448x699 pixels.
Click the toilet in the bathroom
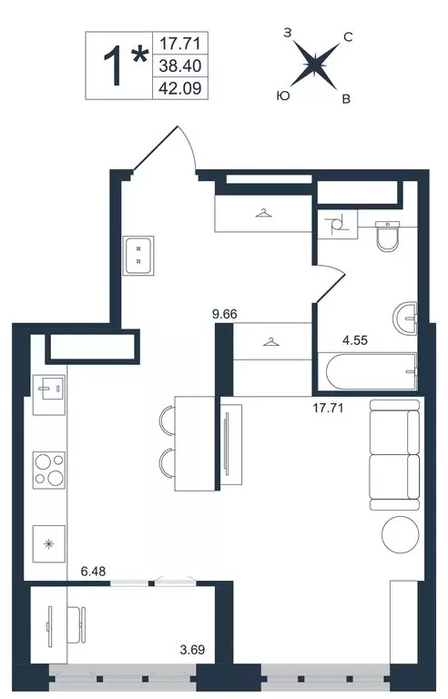387,236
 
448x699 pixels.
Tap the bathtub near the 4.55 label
372,371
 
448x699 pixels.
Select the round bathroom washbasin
405,319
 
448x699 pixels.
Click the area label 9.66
225,314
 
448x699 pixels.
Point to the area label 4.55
355,340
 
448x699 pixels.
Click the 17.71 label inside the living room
328,408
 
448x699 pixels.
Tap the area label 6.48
93,571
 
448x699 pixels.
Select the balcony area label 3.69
192,650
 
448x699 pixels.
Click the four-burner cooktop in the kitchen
49,470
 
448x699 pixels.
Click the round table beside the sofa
401,534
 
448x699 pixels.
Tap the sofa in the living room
395,455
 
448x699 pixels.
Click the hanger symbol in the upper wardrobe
264,214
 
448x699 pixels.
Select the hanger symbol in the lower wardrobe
271,342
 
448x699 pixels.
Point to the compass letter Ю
283,96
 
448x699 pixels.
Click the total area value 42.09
180,88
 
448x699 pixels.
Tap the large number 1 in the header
112,66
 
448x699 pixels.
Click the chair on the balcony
76,624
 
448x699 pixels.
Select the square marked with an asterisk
49,544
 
